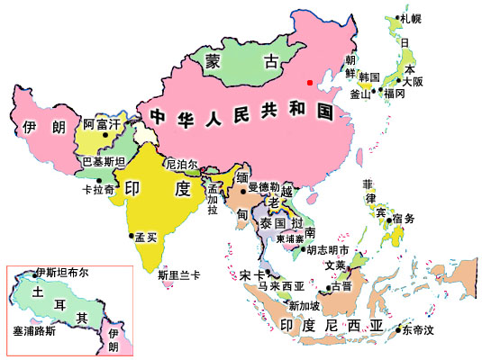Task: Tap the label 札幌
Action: pyautogui.click(x=411, y=18)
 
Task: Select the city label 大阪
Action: pyautogui.click(x=413, y=81)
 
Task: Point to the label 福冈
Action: pyautogui.click(x=395, y=94)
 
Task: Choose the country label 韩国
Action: pyautogui.click(x=369, y=77)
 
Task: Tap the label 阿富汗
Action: pyautogui.click(x=102, y=125)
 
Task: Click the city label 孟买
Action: pyautogui.click(x=146, y=236)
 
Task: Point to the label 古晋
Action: pyautogui.click(x=341, y=286)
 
